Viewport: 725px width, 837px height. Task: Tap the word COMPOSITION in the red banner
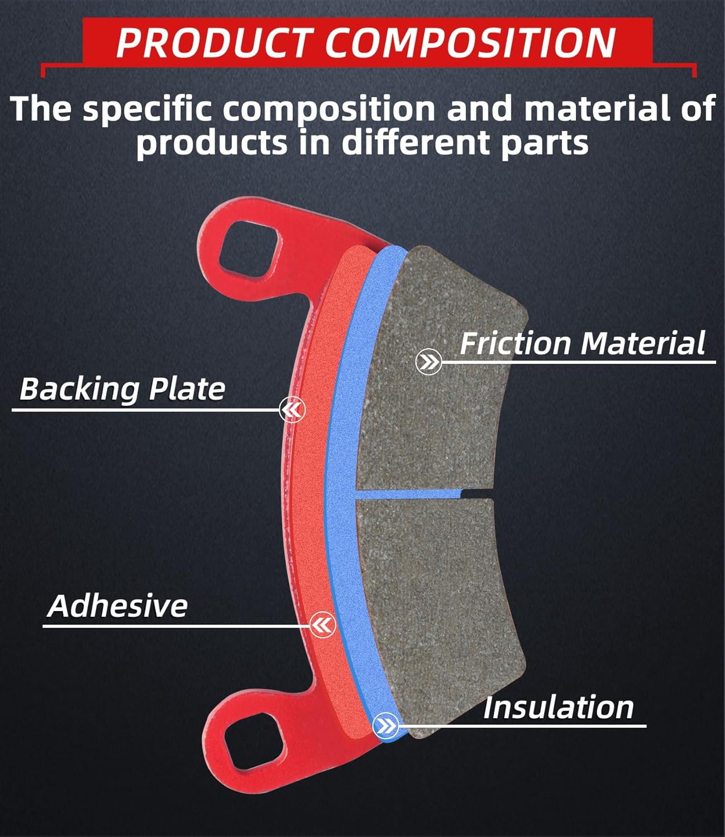pos(470,42)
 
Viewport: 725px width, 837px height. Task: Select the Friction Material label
pos(582,343)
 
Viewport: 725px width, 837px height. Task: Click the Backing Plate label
pos(122,388)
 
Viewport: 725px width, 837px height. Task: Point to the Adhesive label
pos(118,605)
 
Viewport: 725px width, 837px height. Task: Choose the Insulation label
pos(558,708)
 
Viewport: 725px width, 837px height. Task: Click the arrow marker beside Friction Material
pos(429,363)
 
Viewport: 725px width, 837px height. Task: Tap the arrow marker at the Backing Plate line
pos(293,410)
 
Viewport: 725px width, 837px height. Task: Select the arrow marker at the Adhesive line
pos(322,624)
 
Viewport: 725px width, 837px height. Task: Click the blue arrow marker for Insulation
pos(385,726)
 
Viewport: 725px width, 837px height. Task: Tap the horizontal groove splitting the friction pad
pos(424,493)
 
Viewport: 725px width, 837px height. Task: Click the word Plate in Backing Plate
pos(187,388)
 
